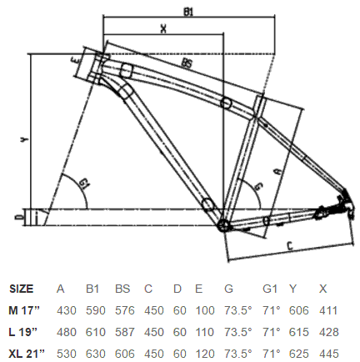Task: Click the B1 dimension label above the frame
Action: coord(188,12)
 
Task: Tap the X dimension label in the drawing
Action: coord(163,28)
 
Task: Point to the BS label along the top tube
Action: coord(187,63)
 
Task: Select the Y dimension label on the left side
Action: coord(25,140)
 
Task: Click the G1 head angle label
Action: coord(83,184)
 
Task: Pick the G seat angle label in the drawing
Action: coord(258,187)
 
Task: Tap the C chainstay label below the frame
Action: coord(290,245)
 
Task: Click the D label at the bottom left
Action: coord(18,217)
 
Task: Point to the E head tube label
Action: coord(77,60)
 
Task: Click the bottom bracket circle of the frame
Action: coord(223,225)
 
